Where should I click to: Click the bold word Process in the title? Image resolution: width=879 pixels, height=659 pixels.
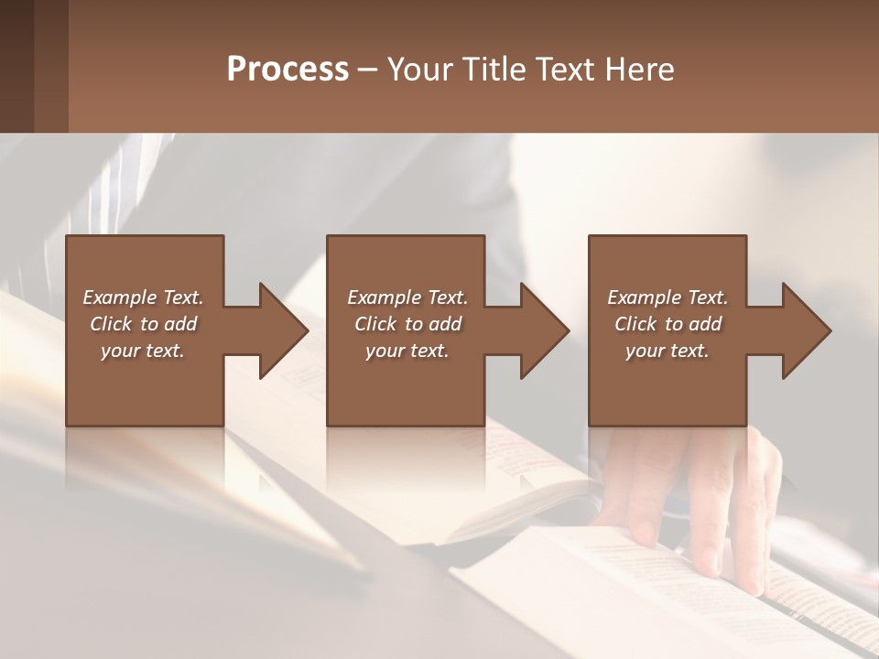pyautogui.click(x=288, y=70)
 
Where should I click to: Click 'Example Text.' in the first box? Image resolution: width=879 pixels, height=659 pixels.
pyautogui.click(x=143, y=297)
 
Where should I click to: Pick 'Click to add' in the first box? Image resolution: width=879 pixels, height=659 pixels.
pyautogui.click(x=143, y=324)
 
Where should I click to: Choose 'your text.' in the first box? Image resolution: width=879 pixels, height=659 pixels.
pyautogui.click(x=143, y=351)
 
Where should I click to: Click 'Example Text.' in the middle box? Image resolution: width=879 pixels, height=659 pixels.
pyautogui.click(x=407, y=297)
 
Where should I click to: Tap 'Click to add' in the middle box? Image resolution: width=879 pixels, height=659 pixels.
pyautogui.click(x=407, y=324)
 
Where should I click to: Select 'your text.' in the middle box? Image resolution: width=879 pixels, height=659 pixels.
pyautogui.click(x=407, y=351)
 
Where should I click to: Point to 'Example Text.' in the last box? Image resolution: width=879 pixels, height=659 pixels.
pyautogui.click(x=667, y=297)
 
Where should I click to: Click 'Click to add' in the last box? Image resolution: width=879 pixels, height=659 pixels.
pyautogui.click(x=667, y=324)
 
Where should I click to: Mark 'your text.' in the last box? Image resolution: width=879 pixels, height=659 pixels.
pyautogui.click(x=667, y=351)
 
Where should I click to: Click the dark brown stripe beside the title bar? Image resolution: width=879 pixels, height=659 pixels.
pyautogui.click(x=16, y=66)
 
